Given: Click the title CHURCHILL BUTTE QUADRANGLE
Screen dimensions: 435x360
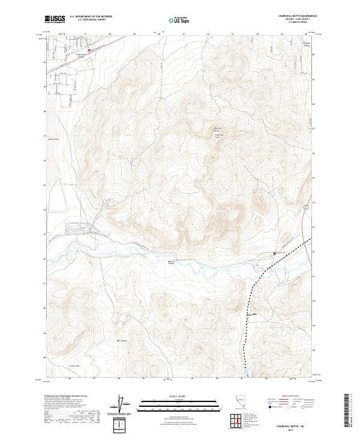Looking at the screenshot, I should coord(298,15).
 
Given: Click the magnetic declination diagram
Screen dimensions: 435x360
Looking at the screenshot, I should coord(124,405).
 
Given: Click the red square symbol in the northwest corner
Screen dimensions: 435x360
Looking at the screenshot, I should coord(89,50).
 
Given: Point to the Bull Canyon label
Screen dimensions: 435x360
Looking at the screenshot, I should coord(121,341).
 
